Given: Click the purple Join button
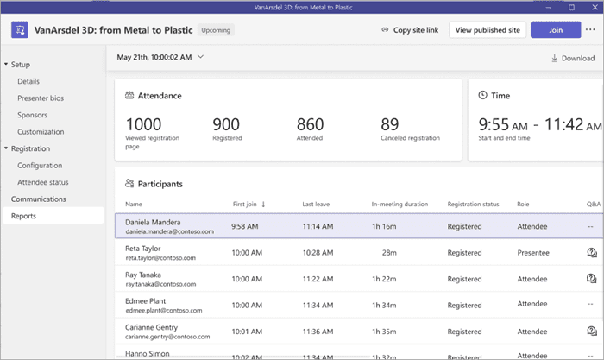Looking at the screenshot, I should [x=555, y=29].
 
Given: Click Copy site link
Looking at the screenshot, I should [x=410, y=30].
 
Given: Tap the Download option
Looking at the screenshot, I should [x=573, y=59].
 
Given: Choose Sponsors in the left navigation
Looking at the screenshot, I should [x=33, y=115].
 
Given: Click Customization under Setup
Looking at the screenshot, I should [x=41, y=132].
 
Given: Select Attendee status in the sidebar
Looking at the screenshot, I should [x=43, y=182].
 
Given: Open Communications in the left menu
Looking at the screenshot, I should [x=39, y=199].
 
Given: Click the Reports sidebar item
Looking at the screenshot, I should [x=24, y=216].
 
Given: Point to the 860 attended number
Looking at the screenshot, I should [x=310, y=125].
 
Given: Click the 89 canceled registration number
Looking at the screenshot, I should [x=390, y=125].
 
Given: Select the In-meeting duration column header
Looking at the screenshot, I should [x=400, y=205].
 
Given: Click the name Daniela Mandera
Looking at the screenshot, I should [x=153, y=222].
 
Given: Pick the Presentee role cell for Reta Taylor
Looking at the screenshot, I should [x=535, y=253].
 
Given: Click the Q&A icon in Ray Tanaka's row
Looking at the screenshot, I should [x=591, y=279].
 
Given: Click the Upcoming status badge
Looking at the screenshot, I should [x=216, y=30].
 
